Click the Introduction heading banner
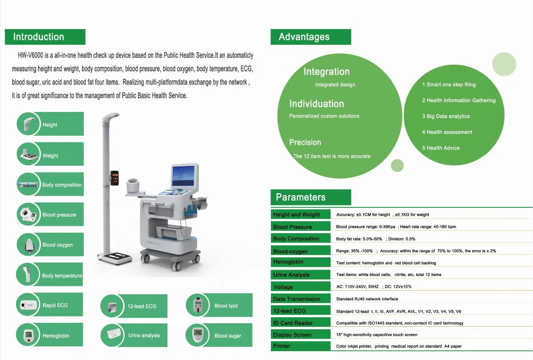45,37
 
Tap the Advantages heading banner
310,37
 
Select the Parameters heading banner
310,197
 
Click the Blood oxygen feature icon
29,245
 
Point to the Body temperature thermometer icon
28,275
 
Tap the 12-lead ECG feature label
142,306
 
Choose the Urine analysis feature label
144,335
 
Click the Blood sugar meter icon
198,335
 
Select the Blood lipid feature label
226,306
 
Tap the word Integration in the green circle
326,72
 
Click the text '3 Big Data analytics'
446,116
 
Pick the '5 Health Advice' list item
441,148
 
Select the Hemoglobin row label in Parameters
288,262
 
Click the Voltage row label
283,287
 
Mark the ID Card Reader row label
293,323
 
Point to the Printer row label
282,346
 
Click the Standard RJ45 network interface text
367,299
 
